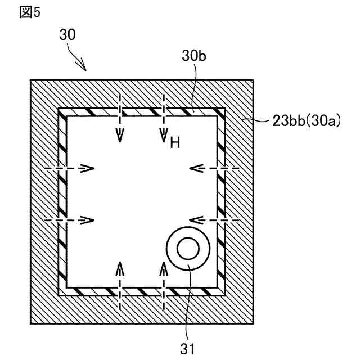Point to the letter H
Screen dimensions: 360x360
(174, 143)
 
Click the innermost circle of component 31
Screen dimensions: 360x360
(188, 248)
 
